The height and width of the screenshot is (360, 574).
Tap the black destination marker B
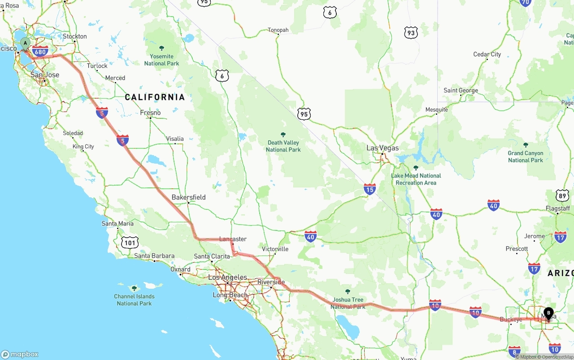point(548,313)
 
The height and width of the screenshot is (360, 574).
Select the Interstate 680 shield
point(40,52)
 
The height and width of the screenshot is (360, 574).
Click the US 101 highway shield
point(130,243)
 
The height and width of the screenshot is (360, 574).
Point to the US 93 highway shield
point(411,32)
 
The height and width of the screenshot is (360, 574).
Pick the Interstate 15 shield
point(370,189)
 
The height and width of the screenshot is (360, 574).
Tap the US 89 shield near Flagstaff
point(562,195)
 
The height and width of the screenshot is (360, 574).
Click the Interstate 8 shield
point(514,351)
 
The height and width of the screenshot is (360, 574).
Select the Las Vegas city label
point(382,148)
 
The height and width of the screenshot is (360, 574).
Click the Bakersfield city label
point(188,197)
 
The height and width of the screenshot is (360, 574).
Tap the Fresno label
point(150,113)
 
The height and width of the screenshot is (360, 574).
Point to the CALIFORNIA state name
point(155,97)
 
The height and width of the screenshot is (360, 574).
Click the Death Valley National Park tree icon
point(283,134)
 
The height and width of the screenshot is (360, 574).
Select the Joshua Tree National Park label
point(348,303)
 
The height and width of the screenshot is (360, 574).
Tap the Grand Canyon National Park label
point(526,156)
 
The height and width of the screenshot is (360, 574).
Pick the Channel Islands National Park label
point(134,300)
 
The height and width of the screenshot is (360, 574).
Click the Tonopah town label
point(278,30)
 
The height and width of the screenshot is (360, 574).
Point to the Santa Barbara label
point(154,256)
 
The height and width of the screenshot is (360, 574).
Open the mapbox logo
point(20,354)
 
